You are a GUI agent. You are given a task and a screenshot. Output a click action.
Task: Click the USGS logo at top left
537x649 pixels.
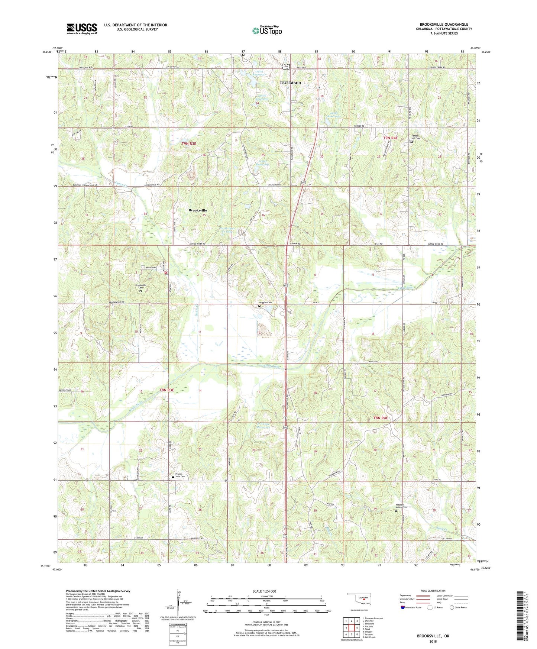click(x=82, y=28)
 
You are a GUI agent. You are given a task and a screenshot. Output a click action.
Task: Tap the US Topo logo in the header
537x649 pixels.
click(x=267, y=30)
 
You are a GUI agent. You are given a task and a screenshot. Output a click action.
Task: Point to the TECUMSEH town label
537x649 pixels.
click(x=290, y=83)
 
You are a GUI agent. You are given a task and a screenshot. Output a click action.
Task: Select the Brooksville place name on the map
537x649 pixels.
click(x=198, y=210)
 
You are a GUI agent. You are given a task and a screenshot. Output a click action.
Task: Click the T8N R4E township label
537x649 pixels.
click(x=380, y=418)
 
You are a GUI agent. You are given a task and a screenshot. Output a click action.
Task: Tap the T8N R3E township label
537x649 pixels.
click(x=166, y=390)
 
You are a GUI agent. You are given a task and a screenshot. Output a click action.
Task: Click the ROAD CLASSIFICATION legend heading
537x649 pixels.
click(x=433, y=591)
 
